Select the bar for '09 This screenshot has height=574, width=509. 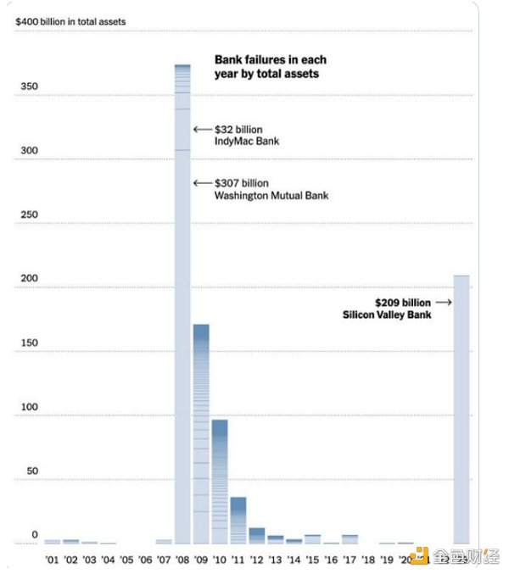pyautogui.click(x=201, y=433)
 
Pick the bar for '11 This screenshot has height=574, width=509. pyautogui.click(x=238, y=520)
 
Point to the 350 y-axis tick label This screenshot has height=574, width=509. pyautogui.click(x=27, y=86)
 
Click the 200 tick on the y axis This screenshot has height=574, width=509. pyautogui.click(x=27, y=279)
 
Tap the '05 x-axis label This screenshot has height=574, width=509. pyautogui.click(x=126, y=560)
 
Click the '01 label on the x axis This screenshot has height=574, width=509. pyautogui.click(x=52, y=560)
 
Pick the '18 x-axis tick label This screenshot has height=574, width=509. pyautogui.click(x=368, y=560)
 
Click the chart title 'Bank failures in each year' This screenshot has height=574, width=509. pyautogui.click(x=270, y=67)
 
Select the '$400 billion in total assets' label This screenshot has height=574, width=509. pyautogui.click(x=70, y=21)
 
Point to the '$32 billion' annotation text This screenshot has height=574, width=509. pyautogui.click(x=239, y=130)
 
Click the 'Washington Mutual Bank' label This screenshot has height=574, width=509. pyautogui.click(x=271, y=196)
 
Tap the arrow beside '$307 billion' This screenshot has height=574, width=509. pyautogui.click(x=202, y=183)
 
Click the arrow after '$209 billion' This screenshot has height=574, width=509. pyautogui.click(x=444, y=302)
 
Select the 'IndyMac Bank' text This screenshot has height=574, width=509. pyautogui.click(x=247, y=142)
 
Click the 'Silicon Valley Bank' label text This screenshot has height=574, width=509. pyautogui.click(x=387, y=315)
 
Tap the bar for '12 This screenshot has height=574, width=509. pyautogui.click(x=257, y=535)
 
